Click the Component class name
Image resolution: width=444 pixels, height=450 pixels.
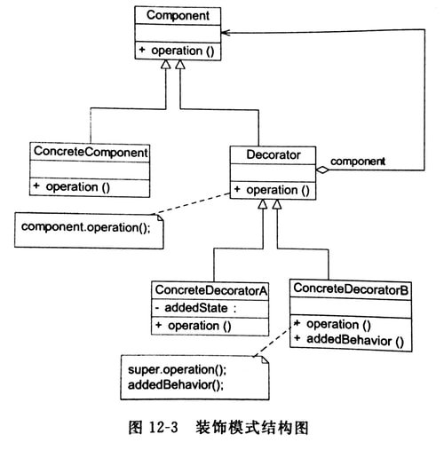pyautogui.click(x=177, y=16)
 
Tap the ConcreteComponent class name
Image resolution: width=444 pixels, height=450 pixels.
pyautogui.click(x=90, y=153)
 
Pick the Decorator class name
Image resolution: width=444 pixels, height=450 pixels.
pyautogui.click(x=273, y=155)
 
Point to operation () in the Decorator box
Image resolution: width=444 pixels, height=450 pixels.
pyautogui.click(x=273, y=190)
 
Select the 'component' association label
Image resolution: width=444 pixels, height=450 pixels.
pyautogui.click(x=358, y=162)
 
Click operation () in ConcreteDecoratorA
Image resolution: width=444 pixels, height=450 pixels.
pyautogui.click(x=199, y=326)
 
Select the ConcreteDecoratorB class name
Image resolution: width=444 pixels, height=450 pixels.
pyautogui.click(x=351, y=290)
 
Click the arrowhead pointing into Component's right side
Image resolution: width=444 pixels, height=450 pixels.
pyautogui.click(x=227, y=30)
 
